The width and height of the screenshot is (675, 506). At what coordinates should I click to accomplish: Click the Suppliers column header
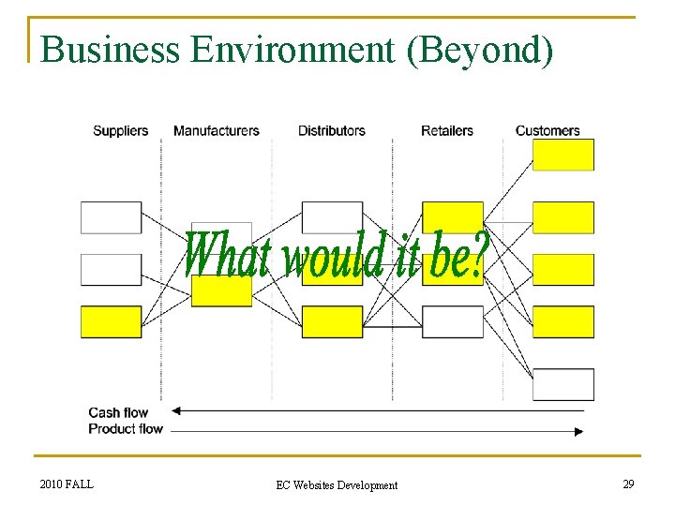pyautogui.click(x=120, y=131)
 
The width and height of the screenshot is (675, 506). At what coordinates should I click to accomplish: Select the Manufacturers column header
pyautogui.click(x=216, y=131)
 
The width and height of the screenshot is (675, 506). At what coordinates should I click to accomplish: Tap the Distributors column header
pyautogui.click(x=331, y=131)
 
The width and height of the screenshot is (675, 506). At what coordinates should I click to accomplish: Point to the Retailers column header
pyautogui.click(x=447, y=131)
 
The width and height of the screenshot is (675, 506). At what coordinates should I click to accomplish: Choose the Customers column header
pyautogui.click(x=547, y=131)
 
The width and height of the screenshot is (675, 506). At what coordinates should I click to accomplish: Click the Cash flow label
pyautogui.click(x=118, y=412)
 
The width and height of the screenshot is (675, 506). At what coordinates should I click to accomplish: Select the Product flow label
pyautogui.click(x=126, y=429)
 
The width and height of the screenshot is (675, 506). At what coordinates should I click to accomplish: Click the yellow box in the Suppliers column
pyautogui.click(x=111, y=321)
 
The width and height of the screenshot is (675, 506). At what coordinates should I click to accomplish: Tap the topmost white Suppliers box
pyautogui.click(x=111, y=217)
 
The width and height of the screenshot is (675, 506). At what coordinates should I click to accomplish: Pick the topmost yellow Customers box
pyautogui.click(x=563, y=155)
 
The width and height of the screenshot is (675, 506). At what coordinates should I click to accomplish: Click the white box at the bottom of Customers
pyautogui.click(x=563, y=384)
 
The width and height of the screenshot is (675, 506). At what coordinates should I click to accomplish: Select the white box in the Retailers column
pyautogui.click(x=453, y=321)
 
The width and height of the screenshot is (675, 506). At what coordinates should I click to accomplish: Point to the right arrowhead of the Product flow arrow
pyautogui.click(x=578, y=431)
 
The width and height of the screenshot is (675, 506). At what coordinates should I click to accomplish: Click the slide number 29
pyautogui.click(x=628, y=484)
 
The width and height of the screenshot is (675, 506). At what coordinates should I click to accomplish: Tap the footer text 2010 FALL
pyautogui.click(x=67, y=484)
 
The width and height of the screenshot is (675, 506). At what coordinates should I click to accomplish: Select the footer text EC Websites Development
pyautogui.click(x=337, y=485)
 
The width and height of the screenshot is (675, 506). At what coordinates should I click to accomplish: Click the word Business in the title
pyautogui.click(x=110, y=50)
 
